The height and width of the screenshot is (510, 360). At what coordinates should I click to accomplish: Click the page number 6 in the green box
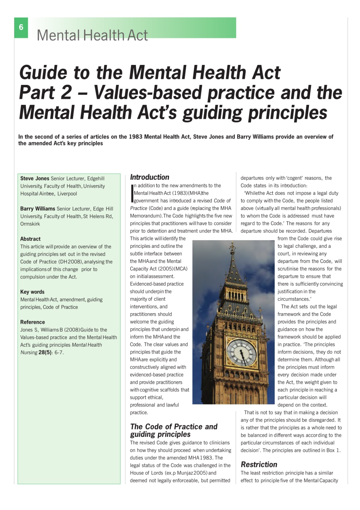pos(21,27)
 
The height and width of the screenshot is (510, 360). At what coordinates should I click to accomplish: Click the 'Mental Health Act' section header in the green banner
pos(92,35)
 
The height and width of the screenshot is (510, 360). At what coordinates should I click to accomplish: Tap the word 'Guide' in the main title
pos(43,73)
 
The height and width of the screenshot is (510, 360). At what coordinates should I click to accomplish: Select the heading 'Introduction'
pos(150,177)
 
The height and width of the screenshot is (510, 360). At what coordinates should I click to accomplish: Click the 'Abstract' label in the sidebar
pos(30,239)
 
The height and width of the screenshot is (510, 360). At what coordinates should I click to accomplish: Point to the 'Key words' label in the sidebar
pos(32,292)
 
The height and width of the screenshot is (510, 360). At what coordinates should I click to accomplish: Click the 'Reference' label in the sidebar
pos(33,322)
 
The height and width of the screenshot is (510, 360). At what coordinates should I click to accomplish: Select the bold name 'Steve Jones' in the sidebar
pos(35,178)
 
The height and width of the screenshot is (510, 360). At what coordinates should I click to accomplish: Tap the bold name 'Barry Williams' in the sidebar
pos(37,209)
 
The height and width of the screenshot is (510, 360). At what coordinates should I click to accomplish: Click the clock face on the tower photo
pos(242,352)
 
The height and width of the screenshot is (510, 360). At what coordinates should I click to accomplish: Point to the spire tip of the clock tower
pos(232,244)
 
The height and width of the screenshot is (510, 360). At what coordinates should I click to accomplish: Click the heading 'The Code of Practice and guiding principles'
pos(173,430)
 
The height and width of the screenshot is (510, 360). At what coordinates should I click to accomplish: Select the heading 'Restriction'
pos(259,465)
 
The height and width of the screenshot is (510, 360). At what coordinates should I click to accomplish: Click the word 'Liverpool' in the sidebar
pos(67,194)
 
